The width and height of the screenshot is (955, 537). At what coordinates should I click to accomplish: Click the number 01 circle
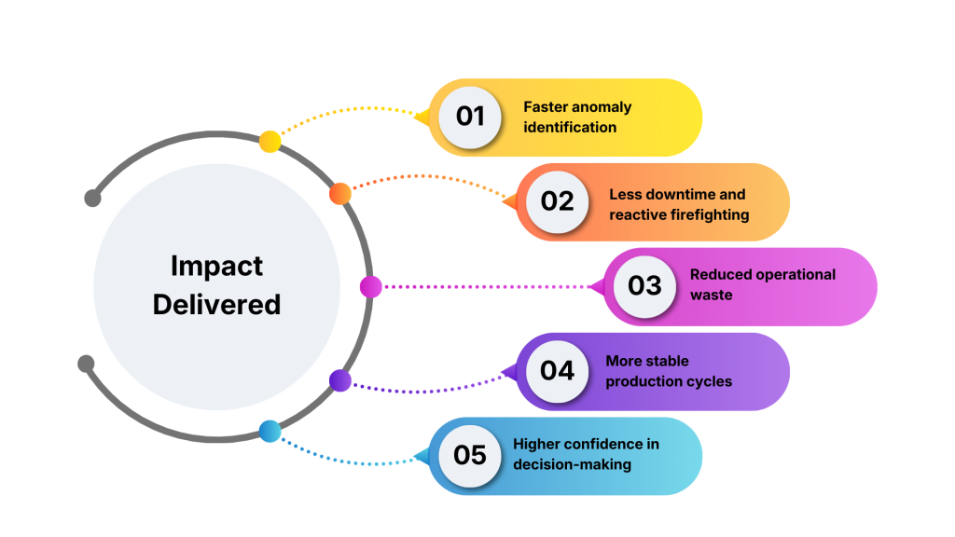point(470,117)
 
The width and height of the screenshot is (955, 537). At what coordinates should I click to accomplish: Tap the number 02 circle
point(557,201)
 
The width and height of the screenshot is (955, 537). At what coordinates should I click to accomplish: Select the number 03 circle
point(644,285)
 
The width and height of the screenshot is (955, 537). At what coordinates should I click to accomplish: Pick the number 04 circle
point(557,370)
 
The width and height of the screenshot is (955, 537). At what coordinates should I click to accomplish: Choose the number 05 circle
point(470,455)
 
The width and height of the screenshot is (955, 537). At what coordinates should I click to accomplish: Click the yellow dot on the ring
point(270,142)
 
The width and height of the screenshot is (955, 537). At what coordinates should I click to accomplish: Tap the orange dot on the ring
point(340,193)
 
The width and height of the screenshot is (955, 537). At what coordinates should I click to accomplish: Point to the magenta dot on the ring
point(370,287)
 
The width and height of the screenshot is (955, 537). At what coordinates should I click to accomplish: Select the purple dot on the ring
point(340,380)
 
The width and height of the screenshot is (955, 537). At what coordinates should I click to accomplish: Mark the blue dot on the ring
point(270,431)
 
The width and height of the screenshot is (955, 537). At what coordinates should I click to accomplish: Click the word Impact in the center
point(216,267)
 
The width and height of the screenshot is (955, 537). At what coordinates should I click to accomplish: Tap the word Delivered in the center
point(216,304)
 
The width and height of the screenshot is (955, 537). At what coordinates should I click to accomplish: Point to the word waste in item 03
point(711,296)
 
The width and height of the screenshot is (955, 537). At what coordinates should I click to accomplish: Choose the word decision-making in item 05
point(572,464)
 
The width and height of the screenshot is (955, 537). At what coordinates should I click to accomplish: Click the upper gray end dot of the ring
point(92,198)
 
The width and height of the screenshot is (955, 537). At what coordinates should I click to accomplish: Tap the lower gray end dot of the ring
point(86,363)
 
